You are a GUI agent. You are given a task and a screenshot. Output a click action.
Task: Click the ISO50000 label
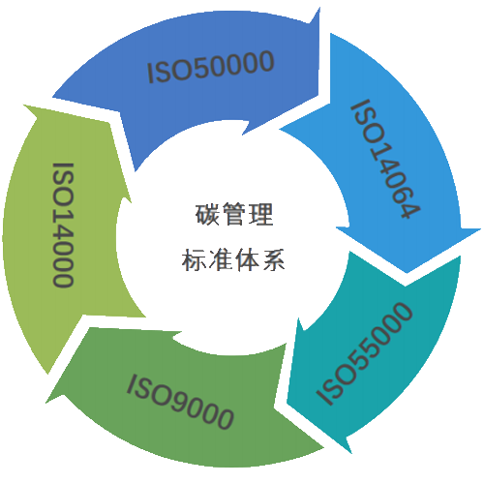211,66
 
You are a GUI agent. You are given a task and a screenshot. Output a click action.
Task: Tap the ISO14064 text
386,159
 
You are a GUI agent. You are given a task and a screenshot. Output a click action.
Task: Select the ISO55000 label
364,353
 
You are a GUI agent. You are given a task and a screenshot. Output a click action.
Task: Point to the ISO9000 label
180,402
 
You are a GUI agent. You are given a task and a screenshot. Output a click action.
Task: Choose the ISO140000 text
63,225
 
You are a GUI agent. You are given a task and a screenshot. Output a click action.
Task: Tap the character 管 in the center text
234,214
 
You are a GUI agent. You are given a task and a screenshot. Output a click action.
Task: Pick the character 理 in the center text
261,214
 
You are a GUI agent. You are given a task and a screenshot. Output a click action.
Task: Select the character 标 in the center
194,260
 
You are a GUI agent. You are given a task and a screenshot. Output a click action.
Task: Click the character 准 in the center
221,260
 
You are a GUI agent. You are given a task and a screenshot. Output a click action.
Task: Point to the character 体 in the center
247,260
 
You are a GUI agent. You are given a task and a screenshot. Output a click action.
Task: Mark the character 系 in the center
274,260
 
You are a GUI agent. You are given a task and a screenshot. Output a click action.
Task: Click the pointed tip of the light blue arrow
407,273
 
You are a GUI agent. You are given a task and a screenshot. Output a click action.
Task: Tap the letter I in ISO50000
150,74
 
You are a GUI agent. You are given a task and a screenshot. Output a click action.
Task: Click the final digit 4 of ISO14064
410,209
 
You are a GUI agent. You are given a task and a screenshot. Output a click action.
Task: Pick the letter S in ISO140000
63,186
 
